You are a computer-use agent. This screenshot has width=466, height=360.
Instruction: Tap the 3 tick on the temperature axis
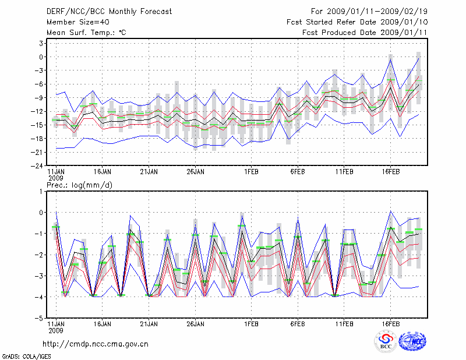[43, 43]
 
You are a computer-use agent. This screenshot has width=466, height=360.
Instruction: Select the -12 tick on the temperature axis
[38, 111]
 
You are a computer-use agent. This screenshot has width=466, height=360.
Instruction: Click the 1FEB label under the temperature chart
[251, 172]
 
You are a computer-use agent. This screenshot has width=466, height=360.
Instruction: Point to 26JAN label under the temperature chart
[195, 172]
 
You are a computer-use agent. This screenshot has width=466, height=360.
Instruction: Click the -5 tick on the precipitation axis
[40, 319]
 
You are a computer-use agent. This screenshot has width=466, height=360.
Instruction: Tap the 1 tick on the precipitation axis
[43, 191]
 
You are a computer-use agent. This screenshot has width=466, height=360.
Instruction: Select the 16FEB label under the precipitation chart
[391, 323]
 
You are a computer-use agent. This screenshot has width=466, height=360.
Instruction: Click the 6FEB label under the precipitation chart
[298, 323]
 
